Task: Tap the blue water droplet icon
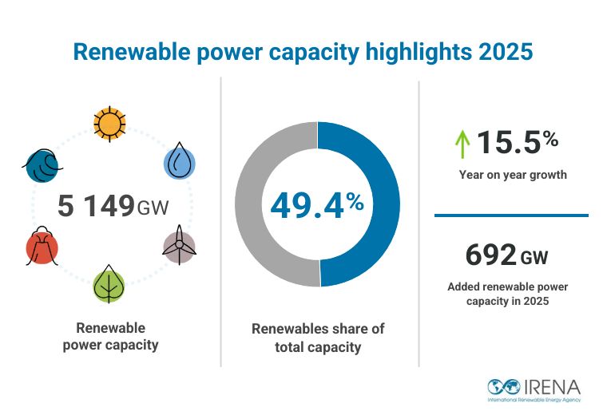pos(178,162)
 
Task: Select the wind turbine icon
pos(178,244)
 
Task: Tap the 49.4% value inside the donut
pos(317,205)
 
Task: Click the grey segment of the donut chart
pos(260,205)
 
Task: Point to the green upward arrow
pos(461,144)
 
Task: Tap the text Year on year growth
pos(513,175)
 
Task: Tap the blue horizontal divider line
pos(511,215)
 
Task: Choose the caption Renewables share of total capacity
pos(318,338)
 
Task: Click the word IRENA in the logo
pos(551,385)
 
